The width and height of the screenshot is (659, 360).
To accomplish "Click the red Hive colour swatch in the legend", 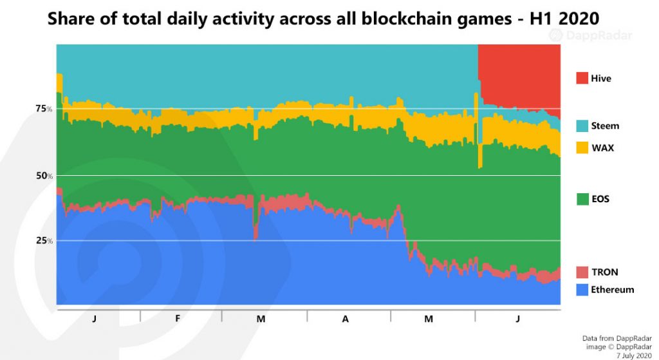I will click(x=582, y=79).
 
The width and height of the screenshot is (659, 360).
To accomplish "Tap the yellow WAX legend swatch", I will click(x=582, y=148).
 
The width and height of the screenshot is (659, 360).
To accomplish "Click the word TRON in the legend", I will click(x=605, y=272).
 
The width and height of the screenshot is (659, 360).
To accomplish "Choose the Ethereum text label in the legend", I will click(x=613, y=290).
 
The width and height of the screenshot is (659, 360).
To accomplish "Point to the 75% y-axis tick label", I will click(x=44, y=109).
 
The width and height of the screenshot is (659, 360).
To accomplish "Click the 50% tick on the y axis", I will click(x=44, y=176).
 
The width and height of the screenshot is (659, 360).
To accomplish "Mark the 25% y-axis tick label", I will click(x=44, y=241).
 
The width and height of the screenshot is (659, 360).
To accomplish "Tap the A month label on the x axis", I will click(x=346, y=319).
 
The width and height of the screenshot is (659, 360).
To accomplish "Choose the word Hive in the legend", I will click(x=602, y=79).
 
